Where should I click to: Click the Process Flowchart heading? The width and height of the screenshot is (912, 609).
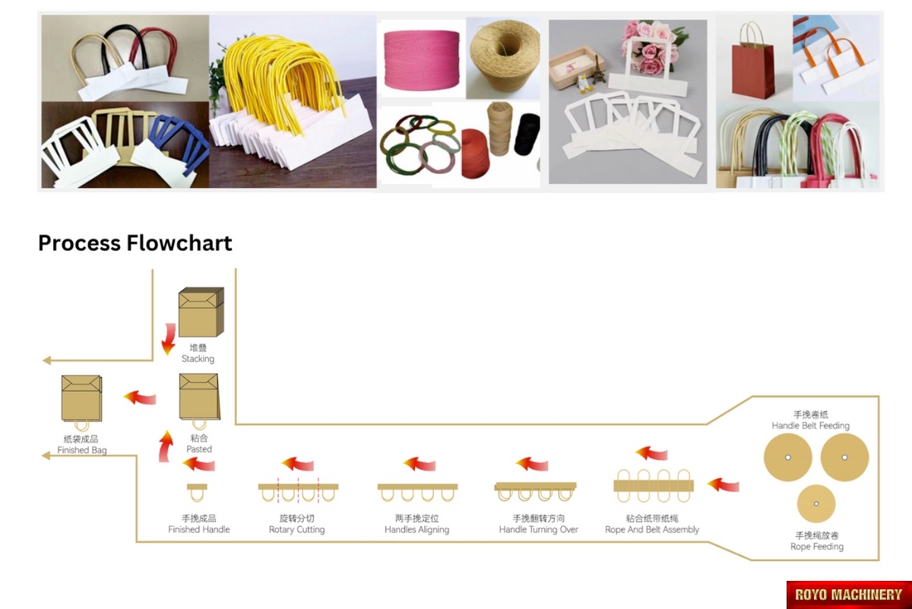pos(135,243)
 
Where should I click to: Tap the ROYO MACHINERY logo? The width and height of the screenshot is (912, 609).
pos(848,595)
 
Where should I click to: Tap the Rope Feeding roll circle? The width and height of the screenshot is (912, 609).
pos(816,503)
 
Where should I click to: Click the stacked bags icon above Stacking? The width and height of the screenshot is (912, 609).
pos(201,312)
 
